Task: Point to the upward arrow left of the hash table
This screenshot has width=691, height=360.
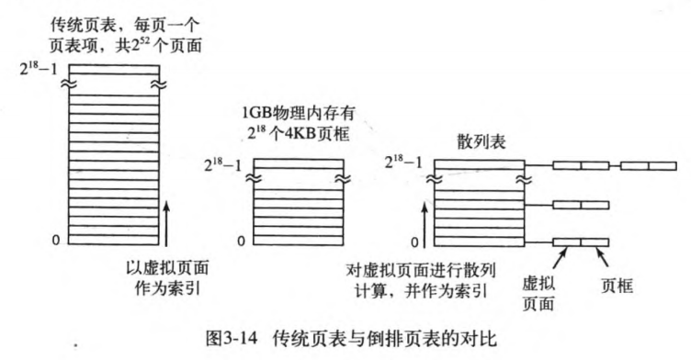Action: click(423, 211)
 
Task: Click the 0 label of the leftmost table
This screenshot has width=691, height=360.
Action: click(57, 240)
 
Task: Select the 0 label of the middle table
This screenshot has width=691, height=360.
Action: click(241, 241)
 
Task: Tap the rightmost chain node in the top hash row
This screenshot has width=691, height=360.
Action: click(649, 166)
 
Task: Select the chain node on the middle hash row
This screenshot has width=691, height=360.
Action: click(581, 204)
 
